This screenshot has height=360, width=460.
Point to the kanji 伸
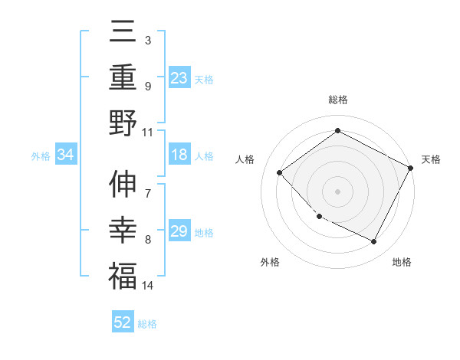pos(123,186)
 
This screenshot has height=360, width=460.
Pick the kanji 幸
pos(123,231)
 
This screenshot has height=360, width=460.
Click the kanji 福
pos(123,276)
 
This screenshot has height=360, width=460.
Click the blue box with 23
pos(179,78)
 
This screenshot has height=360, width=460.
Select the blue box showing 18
pos(179,155)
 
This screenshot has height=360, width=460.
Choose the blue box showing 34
pos(65,155)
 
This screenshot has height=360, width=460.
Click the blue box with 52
pos(123,322)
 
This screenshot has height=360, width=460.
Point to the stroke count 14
pos(148,286)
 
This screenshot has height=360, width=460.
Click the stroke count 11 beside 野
pos(148,132)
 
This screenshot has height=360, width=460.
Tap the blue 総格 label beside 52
pos(148,324)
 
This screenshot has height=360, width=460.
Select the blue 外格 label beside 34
pos(41,156)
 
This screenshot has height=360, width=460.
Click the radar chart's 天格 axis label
pos(431,159)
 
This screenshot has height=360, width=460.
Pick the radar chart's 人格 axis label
pos(245,159)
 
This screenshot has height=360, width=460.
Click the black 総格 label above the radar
pos(337,100)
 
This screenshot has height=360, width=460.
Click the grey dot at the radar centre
pos(337,191)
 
